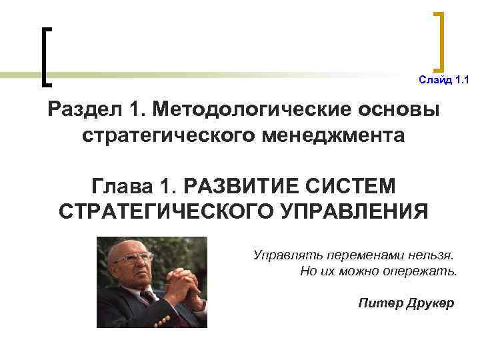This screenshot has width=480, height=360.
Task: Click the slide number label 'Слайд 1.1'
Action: pos(444,81)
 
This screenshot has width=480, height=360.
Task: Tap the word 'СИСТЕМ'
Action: pos(363,183)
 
